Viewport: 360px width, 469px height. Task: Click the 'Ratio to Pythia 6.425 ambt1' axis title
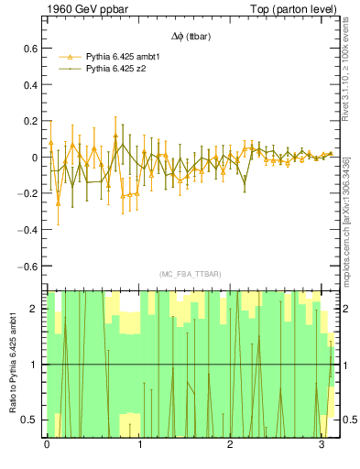(x=12, y=364)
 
